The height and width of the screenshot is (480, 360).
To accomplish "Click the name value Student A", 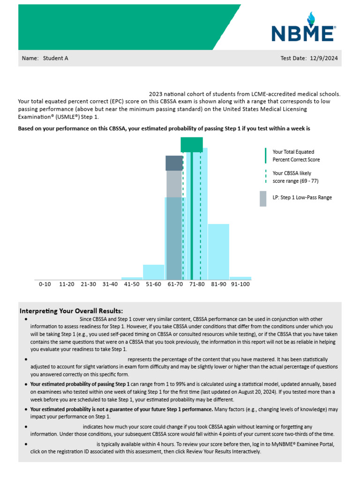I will [x=56, y=59].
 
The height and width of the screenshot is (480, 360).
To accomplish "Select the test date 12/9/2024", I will [x=323, y=59].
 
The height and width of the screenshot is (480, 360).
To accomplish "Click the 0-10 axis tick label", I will [x=45, y=284].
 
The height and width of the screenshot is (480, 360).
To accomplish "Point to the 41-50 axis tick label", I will [x=132, y=284].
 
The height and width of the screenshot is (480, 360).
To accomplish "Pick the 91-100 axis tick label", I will [x=240, y=284].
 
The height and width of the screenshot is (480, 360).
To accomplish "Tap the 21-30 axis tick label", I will [x=89, y=284].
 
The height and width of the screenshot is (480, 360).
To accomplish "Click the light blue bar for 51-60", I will [x=154, y=272].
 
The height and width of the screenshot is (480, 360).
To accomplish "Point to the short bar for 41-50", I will [x=132, y=278].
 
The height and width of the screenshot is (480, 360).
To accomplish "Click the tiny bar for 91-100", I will [x=240, y=278].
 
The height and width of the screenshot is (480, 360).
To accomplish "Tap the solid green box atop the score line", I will [x=192, y=144].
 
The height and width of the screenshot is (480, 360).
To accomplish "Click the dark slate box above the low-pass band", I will [x=174, y=163].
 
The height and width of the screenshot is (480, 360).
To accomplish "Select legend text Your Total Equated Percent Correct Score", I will [x=293, y=156].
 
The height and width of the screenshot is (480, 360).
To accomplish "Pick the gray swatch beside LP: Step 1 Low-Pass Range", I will [x=263, y=198].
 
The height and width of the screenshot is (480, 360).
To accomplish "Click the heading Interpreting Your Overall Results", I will [x=71, y=311].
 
